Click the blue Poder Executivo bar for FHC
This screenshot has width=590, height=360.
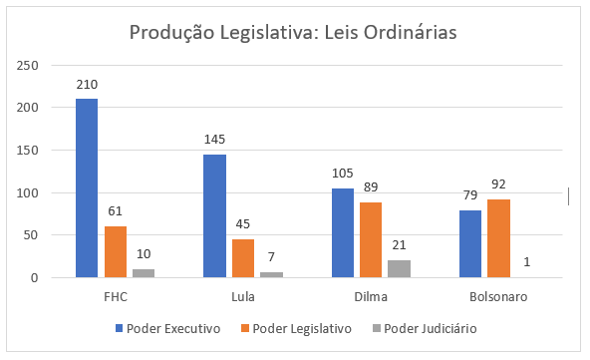click(87, 187)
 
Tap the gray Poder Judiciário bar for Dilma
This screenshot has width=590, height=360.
click(399, 268)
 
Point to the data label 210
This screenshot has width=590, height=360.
click(87, 85)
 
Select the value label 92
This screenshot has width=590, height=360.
click(498, 184)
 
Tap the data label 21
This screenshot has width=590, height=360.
click(399, 245)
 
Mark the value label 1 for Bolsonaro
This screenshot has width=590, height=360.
click(526, 262)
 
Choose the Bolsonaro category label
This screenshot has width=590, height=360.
click(498, 297)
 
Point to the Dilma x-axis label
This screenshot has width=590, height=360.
click(371, 297)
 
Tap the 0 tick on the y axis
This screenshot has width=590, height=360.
click(35, 277)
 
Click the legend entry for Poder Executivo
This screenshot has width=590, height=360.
click(173, 328)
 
